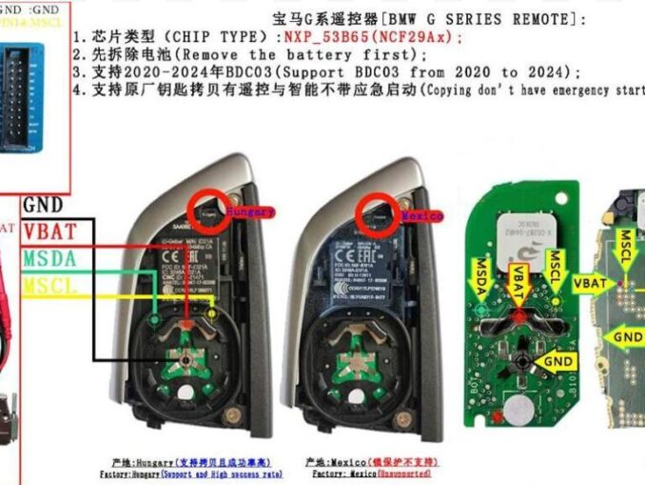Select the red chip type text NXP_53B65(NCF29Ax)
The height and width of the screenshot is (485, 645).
click(372, 37)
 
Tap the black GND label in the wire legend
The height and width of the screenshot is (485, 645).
click(43, 205)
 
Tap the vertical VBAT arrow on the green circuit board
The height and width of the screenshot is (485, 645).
click(518, 286)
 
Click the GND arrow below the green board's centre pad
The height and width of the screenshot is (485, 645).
click(556, 361)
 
